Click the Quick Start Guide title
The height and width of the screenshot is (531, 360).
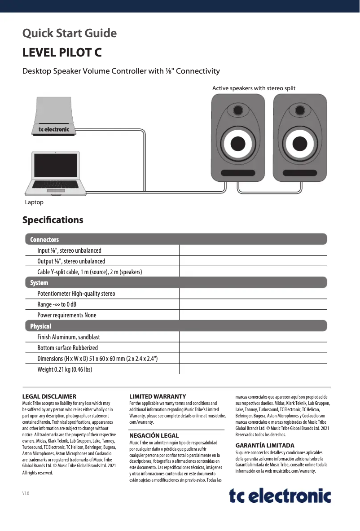(x=70, y=34)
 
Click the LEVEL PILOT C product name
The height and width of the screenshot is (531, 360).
(x=62, y=53)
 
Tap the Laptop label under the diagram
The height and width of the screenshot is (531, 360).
(x=34, y=202)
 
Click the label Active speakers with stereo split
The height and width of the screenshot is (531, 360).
(x=254, y=88)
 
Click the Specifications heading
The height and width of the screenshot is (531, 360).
(x=53, y=220)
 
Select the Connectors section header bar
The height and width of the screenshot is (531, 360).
(x=176, y=239)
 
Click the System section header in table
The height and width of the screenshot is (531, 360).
(x=176, y=283)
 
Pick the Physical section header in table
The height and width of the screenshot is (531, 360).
(x=176, y=326)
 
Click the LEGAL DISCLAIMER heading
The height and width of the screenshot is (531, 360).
(x=49, y=397)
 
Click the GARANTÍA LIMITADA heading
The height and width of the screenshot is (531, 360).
(x=265, y=445)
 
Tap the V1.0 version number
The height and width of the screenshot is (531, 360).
(x=26, y=494)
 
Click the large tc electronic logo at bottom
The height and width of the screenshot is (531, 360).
(x=280, y=496)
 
